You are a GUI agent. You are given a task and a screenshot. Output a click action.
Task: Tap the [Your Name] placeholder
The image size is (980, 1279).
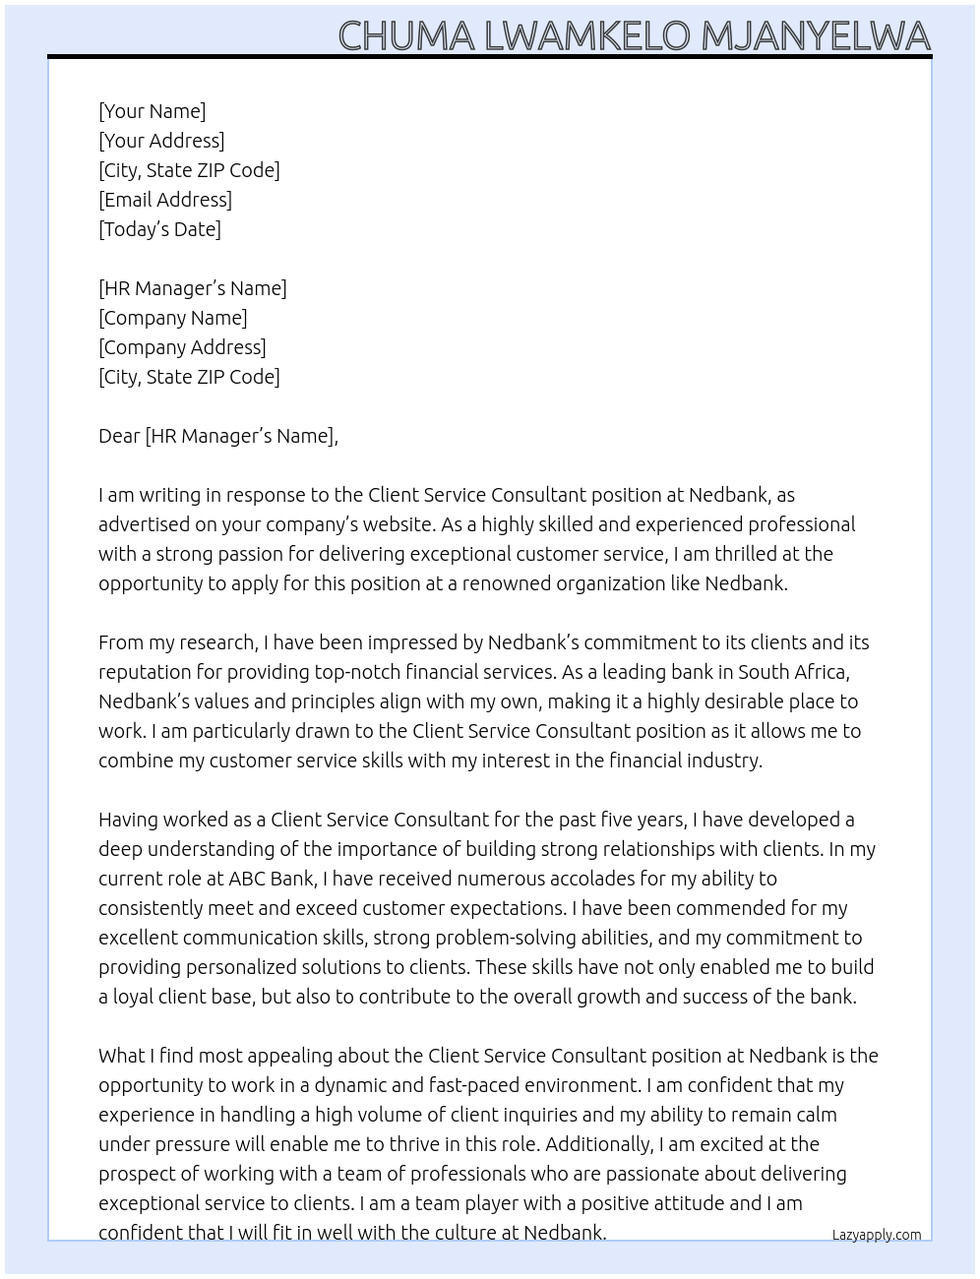(x=152, y=111)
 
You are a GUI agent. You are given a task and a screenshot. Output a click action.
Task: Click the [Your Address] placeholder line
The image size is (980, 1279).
(x=161, y=141)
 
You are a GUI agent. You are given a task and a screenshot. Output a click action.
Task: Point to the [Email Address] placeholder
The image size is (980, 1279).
(x=165, y=200)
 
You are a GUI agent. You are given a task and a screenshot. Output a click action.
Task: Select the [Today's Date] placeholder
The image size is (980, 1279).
(x=159, y=229)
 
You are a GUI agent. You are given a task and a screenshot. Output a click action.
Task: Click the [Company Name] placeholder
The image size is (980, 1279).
(x=173, y=318)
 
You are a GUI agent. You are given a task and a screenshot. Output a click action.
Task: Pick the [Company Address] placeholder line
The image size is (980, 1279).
(x=182, y=347)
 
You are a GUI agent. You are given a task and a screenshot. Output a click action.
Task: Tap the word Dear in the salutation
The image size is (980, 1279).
(x=119, y=436)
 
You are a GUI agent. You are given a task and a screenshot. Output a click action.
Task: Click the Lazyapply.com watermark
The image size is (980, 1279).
(x=877, y=1235)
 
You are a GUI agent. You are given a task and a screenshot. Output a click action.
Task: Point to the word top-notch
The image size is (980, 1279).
(x=359, y=672)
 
